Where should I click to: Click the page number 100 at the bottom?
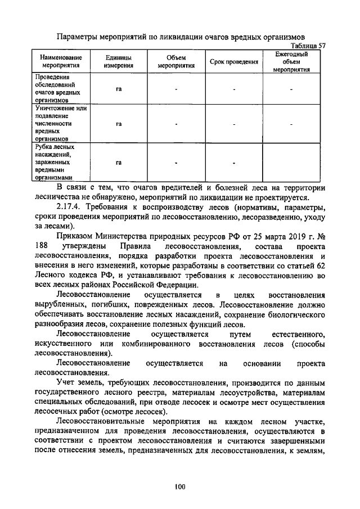tap(180, 487)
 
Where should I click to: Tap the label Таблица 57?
tap(307, 46)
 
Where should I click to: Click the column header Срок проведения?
tap(233, 62)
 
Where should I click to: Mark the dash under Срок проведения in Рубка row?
tap(233, 164)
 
